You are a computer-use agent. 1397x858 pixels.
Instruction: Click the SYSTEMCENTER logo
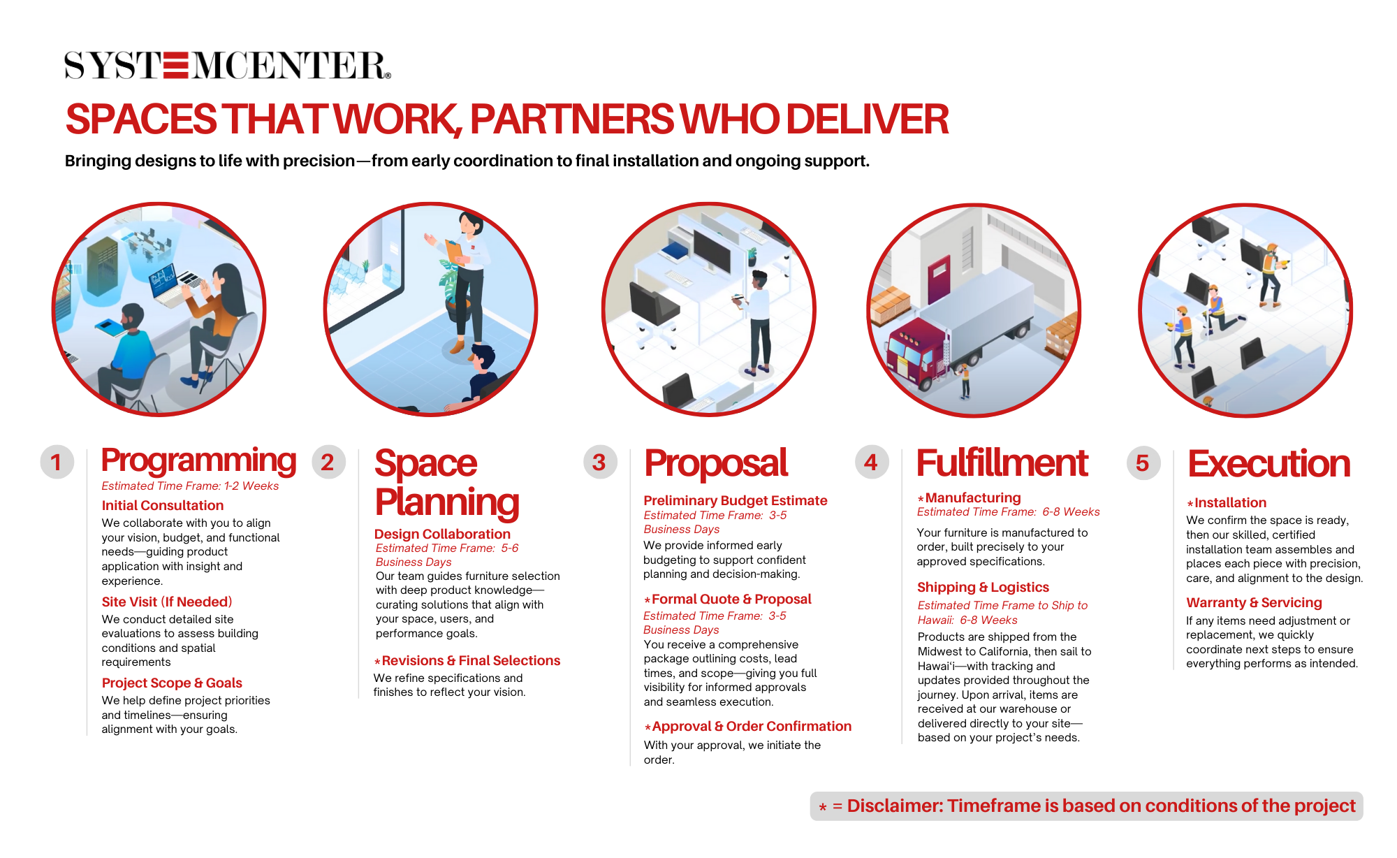pyautogui.click(x=228, y=65)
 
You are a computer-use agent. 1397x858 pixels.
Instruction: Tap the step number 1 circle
pyautogui.click(x=57, y=462)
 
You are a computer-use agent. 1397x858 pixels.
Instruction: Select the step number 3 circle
pyautogui.click(x=600, y=462)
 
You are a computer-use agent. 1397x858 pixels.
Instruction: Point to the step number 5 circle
pyautogui.click(x=1143, y=463)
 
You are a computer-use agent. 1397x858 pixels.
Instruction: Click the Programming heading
pyautogui.click(x=199, y=460)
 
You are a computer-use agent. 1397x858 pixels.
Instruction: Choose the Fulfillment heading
pyautogui.click(x=1002, y=463)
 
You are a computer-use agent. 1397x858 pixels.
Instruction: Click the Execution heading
pyautogui.click(x=1269, y=463)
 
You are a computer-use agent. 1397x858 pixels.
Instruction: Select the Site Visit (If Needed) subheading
pyautogui.click(x=167, y=602)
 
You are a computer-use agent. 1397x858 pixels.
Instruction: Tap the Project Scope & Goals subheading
pyautogui.click(x=172, y=683)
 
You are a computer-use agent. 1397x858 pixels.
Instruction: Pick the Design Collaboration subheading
pyautogui.click(x=442, y=534)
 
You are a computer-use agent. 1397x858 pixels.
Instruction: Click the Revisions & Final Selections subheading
pyautogui.click(x=467, y=660)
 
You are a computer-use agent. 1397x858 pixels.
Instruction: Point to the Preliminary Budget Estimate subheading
pyautogui.click(x=736, y=500)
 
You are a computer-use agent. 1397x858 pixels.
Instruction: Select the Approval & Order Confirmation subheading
pyautogui.click(x=748, y=726)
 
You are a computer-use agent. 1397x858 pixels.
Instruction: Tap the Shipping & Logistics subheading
pyautogui.click(x=983, y=587)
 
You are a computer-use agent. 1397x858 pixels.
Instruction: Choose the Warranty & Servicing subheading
pyautogui.click(x=1254, y=602)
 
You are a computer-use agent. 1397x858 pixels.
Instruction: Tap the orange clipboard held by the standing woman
pyautogui.click(x=455, y=251)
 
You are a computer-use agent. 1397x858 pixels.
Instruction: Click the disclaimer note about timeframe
pyautogui.click(x=1087, y=806)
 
